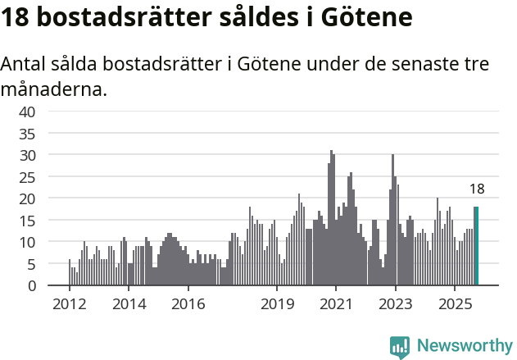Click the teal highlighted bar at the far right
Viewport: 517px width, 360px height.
(x=476, y=246)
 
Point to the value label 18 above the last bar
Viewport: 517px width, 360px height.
(x=477, y=189)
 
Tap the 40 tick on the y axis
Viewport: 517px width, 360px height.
(x=28, y=112)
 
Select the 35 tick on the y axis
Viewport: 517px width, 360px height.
(x=28, y=134)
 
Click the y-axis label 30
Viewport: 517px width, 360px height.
(x=28, y=155)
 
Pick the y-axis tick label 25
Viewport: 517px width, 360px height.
(x=28, y=177)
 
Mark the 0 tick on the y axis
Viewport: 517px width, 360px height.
(x=31, y=286)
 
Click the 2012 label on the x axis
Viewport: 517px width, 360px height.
(x=69, y=304)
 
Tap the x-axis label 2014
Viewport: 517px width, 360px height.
(x=129, y=304)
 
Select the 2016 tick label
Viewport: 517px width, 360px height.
(x=188, y=304)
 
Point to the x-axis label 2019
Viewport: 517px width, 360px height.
(x=278, y=304)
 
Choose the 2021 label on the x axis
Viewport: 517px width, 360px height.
(x=337, y=304)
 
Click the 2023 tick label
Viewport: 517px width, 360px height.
(x=396, y=304)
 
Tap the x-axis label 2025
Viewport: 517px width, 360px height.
(x=456, y=304)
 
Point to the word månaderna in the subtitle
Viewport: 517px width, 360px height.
(x=53, y=89)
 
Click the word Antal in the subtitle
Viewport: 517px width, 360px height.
(x=25, y=64)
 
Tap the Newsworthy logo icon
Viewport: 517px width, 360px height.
(x=400, y=346)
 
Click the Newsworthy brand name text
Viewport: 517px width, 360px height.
(x=465, y=346)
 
